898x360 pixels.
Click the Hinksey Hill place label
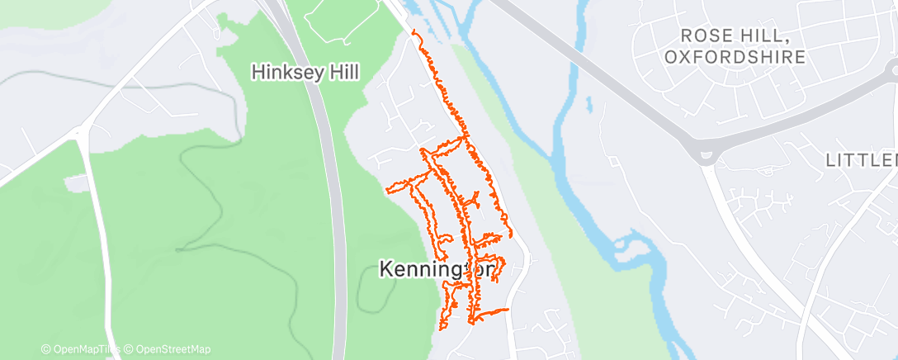[305, 73]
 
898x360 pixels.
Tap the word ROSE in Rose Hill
[704, 36]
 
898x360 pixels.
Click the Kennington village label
[437, 269]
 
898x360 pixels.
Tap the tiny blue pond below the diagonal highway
[588, 104]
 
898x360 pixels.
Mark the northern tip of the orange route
[414, 31]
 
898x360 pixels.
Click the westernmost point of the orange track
[387, 190]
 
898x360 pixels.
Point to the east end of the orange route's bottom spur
[507, 310]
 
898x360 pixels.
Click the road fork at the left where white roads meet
[79, 131]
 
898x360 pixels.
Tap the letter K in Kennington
[385, 269]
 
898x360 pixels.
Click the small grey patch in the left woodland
[75, 182]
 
